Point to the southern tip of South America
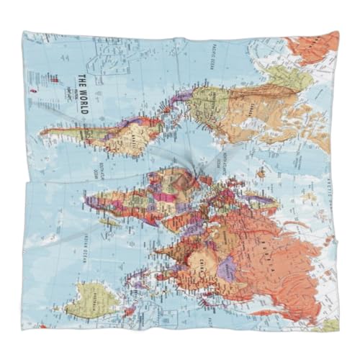pyautogui.click(x=45, y=132)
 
